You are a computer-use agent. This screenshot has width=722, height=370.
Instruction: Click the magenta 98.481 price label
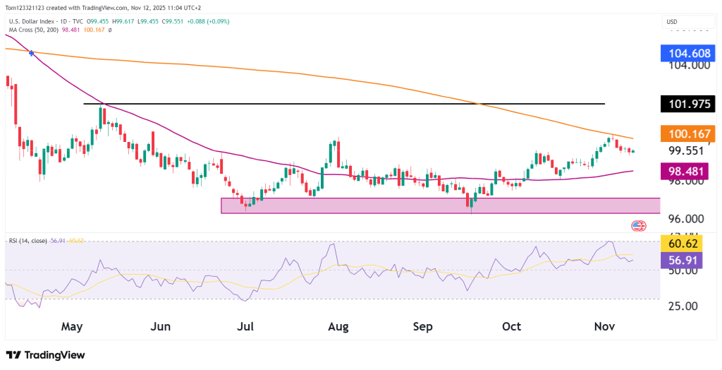pos(688,171)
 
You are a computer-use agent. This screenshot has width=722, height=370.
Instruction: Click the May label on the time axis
pos(73,327)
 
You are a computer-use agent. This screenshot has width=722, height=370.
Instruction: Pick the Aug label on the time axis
pos(338,327)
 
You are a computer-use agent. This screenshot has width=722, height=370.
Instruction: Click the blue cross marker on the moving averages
pos(31,53)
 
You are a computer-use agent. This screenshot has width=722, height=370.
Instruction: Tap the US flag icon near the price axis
pos(638,226)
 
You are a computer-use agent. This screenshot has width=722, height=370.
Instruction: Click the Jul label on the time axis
pos(245,327)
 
